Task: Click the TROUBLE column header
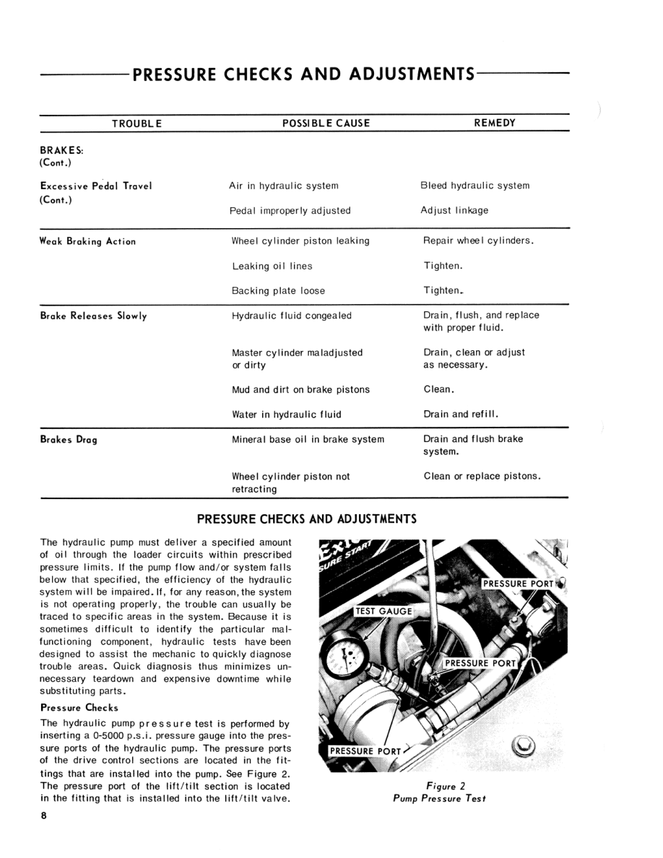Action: (x=137, y=123)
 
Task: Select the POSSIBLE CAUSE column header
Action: (x=326, y=123)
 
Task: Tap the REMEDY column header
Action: (x=495, y=123)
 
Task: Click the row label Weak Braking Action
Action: (x=88, y=241)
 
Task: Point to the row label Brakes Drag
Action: (x=69, y=440)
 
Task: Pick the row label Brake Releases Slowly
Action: (x=94, y=316)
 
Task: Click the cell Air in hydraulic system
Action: (x=284, y=186)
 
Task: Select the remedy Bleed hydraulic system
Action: (x=475, y=186)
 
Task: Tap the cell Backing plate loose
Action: (x=278, y=291)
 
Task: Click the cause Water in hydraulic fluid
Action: (x=287, y=415)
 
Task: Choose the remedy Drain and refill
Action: (x=461, y=415)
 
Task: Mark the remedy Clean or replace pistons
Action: (x=482, y=476)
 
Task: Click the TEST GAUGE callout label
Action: (x=384, y=611)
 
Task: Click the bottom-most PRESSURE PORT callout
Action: (x=365, y=751)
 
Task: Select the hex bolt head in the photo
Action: (x=524, y=745)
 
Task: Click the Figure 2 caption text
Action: (x=439, y=793)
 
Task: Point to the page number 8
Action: (x=44, y=815)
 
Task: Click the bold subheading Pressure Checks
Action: (x=79, y=707)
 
